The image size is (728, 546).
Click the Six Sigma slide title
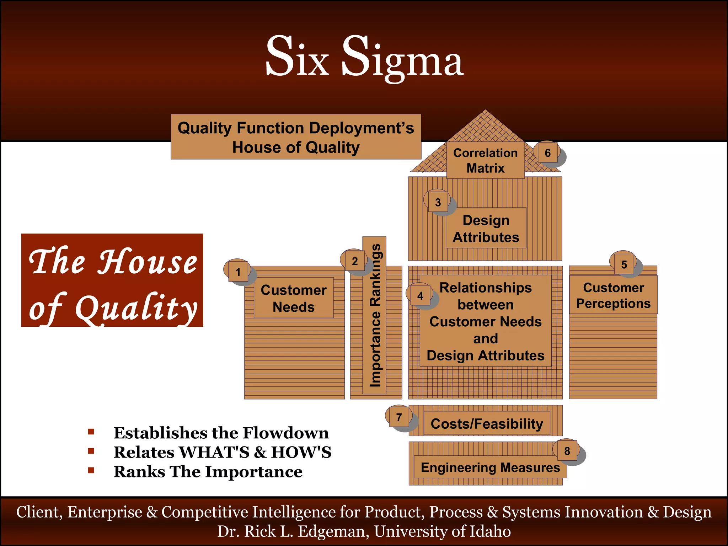[x=364, y=57]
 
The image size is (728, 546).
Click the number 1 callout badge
[x=238, y=272]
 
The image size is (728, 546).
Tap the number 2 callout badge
[x=354, y=261]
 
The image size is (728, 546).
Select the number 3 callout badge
[x=438, y=202]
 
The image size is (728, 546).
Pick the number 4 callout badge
[x=420, y=295]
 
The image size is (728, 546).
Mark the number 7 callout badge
[x=399, y=417]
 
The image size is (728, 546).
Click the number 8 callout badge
[x=567, y=451]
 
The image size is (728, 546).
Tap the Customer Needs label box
[x=294, y=298]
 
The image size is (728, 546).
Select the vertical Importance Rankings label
[x=375, y=315]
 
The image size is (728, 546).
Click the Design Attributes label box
[x=486, y=229]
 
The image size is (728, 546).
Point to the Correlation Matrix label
[x=486, y=160]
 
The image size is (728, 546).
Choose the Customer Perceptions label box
[x=613, y=295]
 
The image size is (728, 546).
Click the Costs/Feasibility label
[x=487, y=423]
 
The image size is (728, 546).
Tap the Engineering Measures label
[x=490, y=467]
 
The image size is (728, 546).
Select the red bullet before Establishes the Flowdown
[x=91, y=432]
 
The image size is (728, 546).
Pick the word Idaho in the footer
[x=490, y=531]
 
